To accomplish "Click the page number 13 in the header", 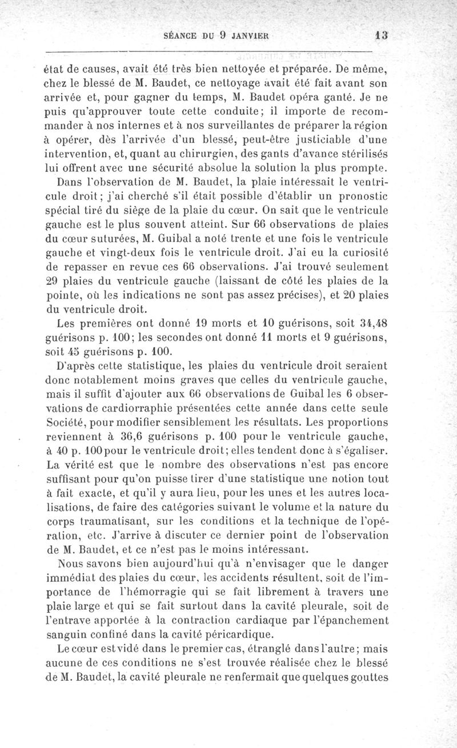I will coord(382,34).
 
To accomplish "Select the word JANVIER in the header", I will coord(250,35).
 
